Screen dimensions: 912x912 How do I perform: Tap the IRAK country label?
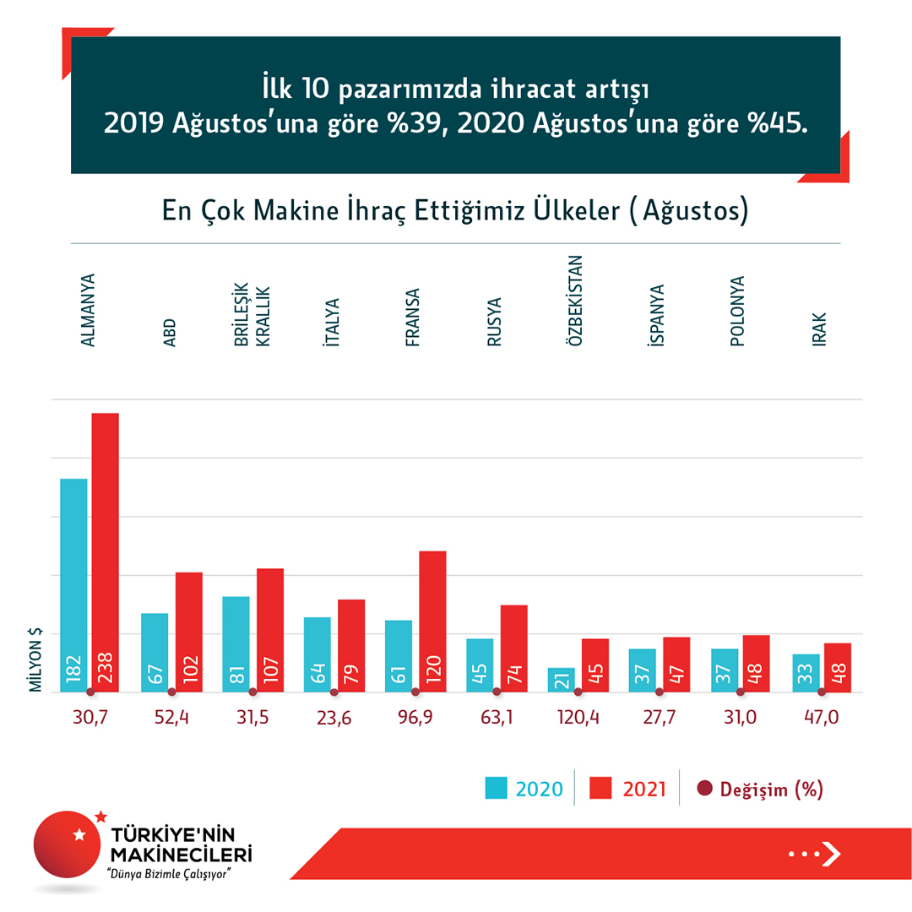818,331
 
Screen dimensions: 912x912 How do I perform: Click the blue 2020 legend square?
496,789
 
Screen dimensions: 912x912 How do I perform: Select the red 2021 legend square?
600,789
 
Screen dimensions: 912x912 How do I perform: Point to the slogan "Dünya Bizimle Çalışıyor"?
166,873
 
